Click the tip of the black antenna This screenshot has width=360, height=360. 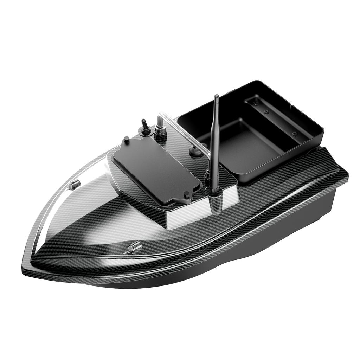(x=217, y=96)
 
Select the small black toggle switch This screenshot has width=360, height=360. (x=144, y=127)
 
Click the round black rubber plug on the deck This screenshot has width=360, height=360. (x=194, y=151)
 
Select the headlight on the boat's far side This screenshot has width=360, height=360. (x=74, y=185)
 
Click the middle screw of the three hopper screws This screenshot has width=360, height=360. (x=266, y=112)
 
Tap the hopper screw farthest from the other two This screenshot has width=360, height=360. (x=295, y=134)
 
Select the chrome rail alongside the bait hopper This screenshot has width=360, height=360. (x=183, y=130)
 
